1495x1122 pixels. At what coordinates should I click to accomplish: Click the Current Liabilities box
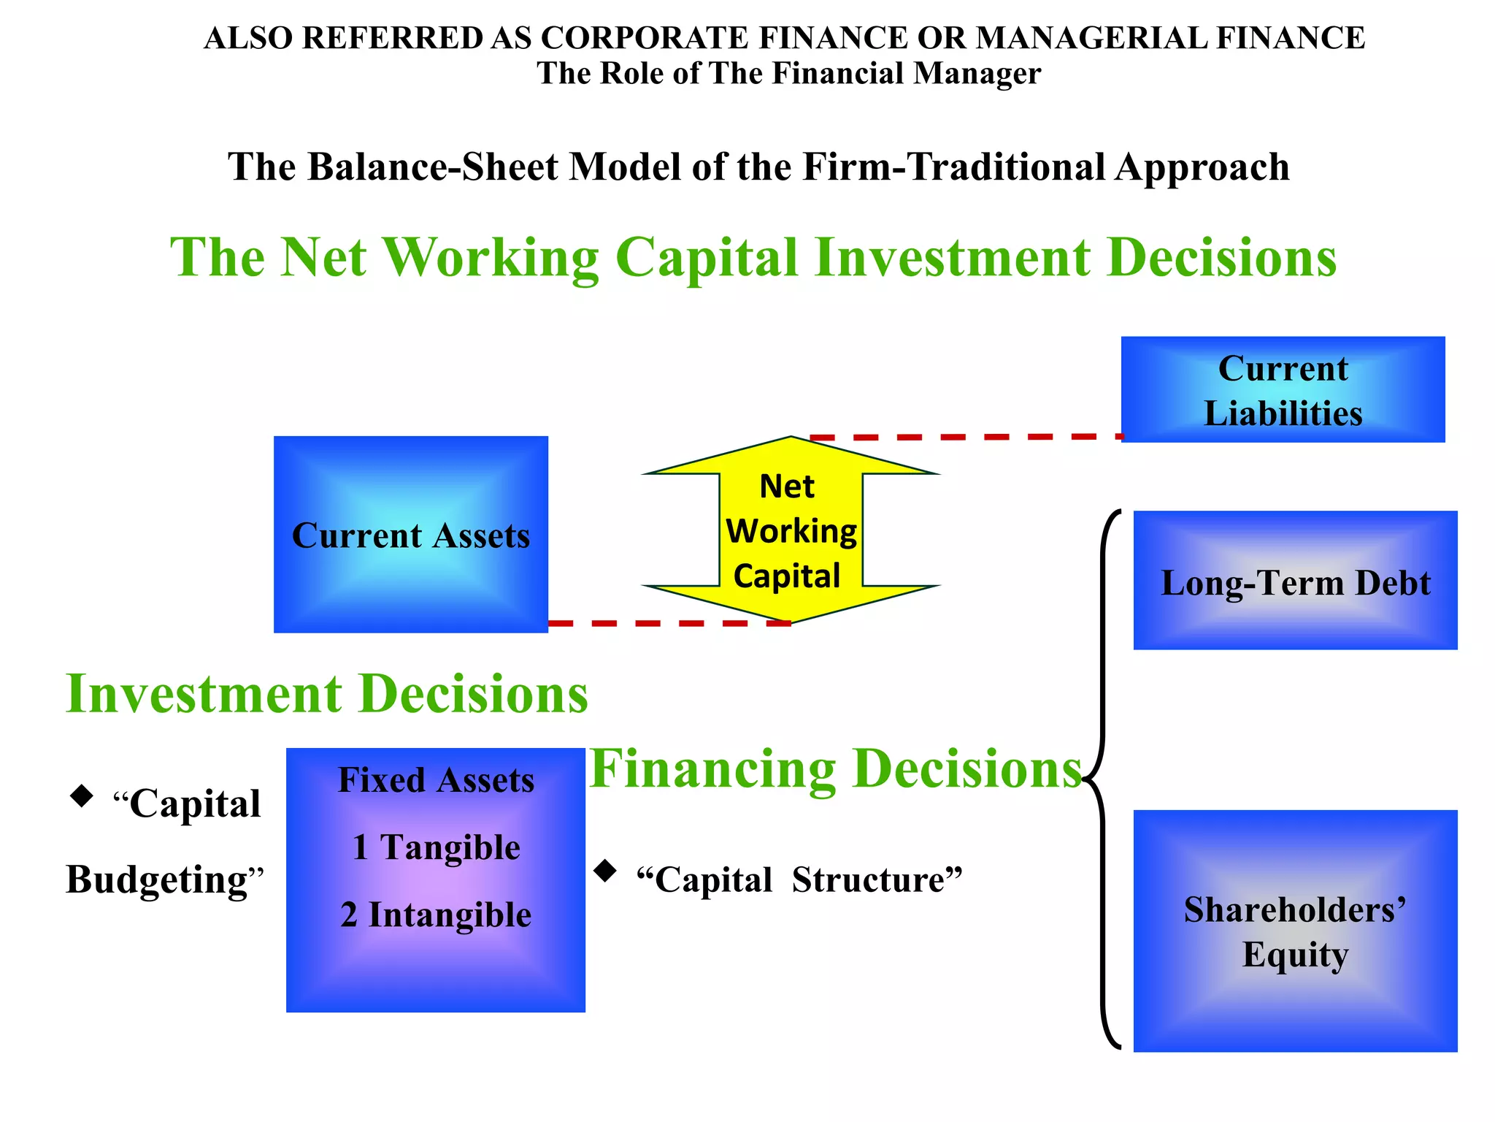point(1283,389)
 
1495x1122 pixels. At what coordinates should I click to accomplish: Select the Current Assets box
point(410,535)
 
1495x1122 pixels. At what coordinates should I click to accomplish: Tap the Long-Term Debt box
point(1295,581)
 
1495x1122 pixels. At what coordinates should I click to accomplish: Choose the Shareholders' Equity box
point(1295,931)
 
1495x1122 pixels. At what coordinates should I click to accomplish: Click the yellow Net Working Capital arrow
point(791,531)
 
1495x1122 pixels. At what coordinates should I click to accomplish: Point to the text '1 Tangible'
point(436,847)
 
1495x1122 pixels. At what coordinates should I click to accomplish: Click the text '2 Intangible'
point(436,915)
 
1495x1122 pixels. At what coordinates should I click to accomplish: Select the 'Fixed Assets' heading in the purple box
point(436,780)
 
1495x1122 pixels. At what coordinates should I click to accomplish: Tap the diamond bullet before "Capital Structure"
point(605,870)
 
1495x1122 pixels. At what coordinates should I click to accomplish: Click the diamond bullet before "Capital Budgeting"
point(81,795)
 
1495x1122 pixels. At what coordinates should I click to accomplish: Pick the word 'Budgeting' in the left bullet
point(158,879)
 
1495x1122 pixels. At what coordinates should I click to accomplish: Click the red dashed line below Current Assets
point(668,623)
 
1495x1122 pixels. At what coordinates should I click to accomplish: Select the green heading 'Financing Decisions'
point(835,768)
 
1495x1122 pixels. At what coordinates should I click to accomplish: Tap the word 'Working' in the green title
point(491,258)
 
